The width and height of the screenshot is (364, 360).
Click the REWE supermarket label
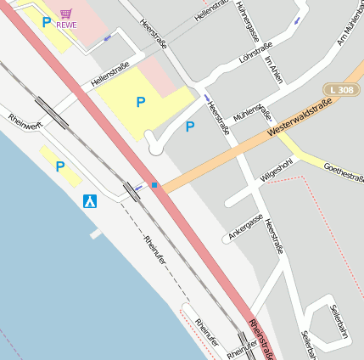click(x=66, y=25)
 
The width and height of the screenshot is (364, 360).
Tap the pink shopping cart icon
click(x=66, y=14)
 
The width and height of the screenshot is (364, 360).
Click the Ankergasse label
click(x=246, y=226)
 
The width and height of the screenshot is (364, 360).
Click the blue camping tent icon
click(x=89, y=202)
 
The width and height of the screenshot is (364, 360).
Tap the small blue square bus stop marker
click(x=154, y=184)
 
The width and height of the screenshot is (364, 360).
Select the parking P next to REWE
click(x=46, y=22)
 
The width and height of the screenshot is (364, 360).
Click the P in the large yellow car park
click(x=140, y=102)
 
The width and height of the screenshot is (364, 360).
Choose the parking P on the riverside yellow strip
click(x=59, y=166)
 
